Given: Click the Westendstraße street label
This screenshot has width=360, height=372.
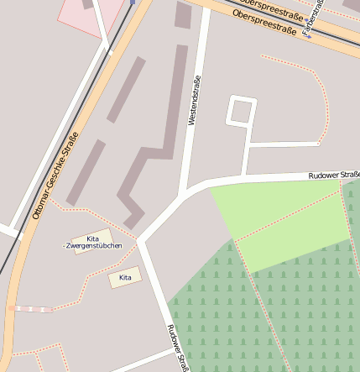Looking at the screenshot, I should click(195, 101).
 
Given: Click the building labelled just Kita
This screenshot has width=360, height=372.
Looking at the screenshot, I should click(125, 277).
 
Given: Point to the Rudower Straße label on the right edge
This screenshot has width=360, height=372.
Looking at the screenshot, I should click(333, 175).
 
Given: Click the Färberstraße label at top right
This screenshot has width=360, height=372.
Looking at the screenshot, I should click(312, 17).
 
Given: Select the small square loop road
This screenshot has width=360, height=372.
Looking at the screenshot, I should click(242, 111).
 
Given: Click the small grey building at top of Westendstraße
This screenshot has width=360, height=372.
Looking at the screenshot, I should click(183, 14).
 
